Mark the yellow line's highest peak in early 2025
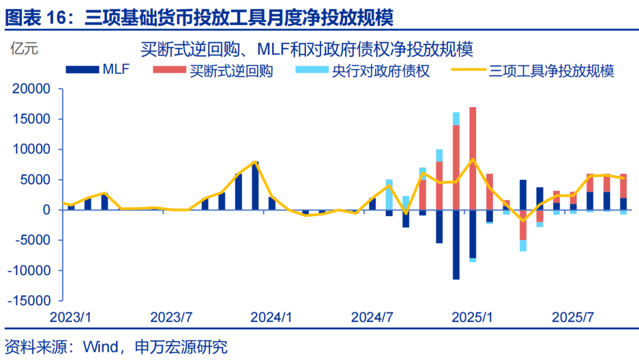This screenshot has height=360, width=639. point(473,159)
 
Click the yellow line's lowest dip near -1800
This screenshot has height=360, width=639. point(523,220)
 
